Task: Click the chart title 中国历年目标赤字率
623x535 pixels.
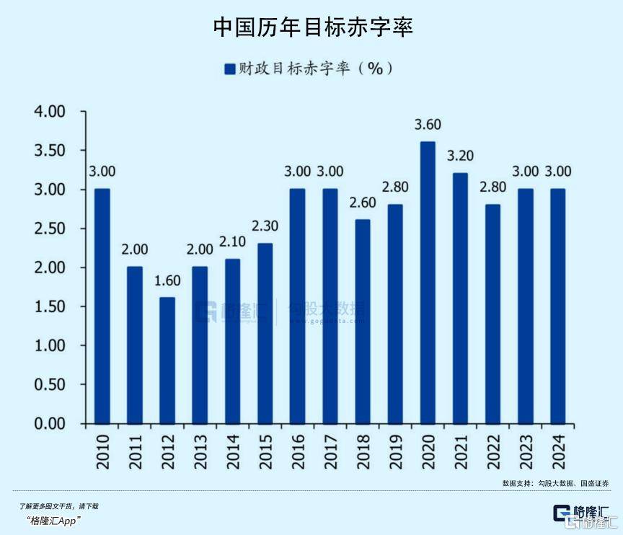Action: (x=312, y=27)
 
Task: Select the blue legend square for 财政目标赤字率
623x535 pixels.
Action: (x=230, y=68)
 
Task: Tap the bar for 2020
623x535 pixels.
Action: (x=428, y=283)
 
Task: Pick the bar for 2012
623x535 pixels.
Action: (x=167, y=361)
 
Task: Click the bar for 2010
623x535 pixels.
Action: (x=102, y=306)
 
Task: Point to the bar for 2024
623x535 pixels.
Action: (x=558, y=306)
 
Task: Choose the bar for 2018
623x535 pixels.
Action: (x=363, y=322)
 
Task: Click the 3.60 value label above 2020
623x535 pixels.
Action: (x=428, y=125)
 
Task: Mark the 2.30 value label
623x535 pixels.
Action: (x=265, y=226)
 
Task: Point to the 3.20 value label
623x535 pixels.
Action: (x=460, y=156)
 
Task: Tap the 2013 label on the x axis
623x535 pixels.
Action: (x=200, y=450)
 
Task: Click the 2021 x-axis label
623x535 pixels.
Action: (x=460, y=450)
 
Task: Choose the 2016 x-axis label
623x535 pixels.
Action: (x=297, y=450)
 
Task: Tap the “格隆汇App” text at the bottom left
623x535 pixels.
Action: (x=53, y=521)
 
